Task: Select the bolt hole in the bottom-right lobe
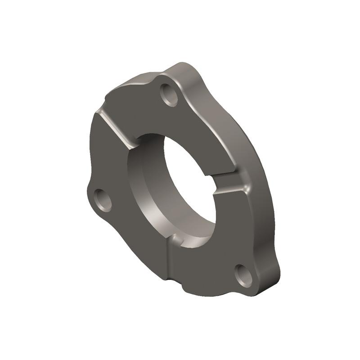243,275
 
